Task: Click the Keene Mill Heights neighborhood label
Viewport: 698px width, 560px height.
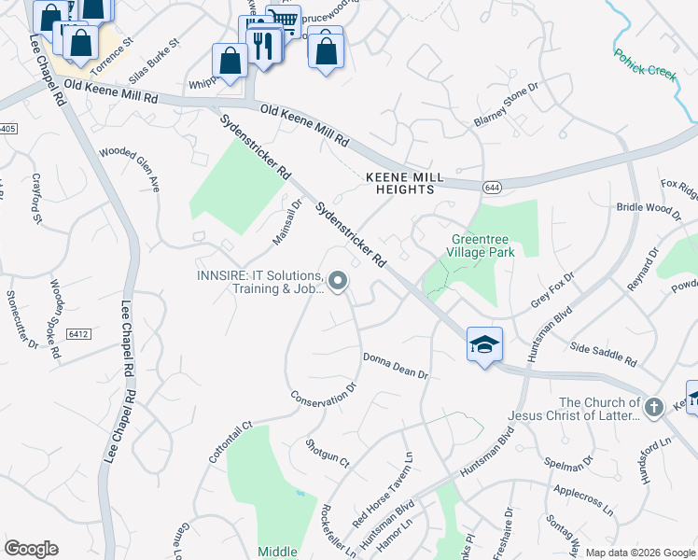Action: (399, 182)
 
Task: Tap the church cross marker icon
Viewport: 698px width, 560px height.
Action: (653, 407)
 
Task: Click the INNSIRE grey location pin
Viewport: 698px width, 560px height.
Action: (338, 281)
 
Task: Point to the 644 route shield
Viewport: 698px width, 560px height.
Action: (489, 188)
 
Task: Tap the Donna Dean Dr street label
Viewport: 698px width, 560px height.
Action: (395, 366)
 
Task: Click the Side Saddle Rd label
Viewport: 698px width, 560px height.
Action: (603, 353)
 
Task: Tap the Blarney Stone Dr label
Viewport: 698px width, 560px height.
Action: (507, 105)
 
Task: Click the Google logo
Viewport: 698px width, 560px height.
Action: (31, 549)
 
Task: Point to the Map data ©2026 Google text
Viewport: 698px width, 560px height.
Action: (639, 553)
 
